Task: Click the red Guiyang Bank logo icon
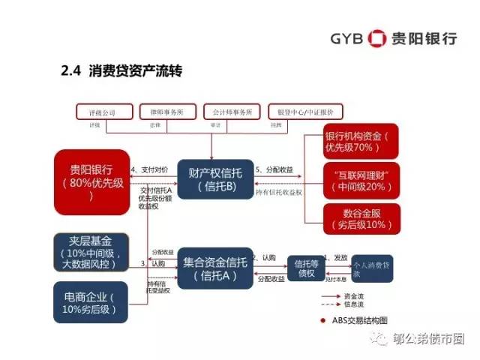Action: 378,38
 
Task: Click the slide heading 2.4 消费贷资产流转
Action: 121,72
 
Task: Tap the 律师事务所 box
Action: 168,112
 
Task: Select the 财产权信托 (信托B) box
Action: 211,178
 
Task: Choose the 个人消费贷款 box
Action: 372,268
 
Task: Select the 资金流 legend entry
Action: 353,296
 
